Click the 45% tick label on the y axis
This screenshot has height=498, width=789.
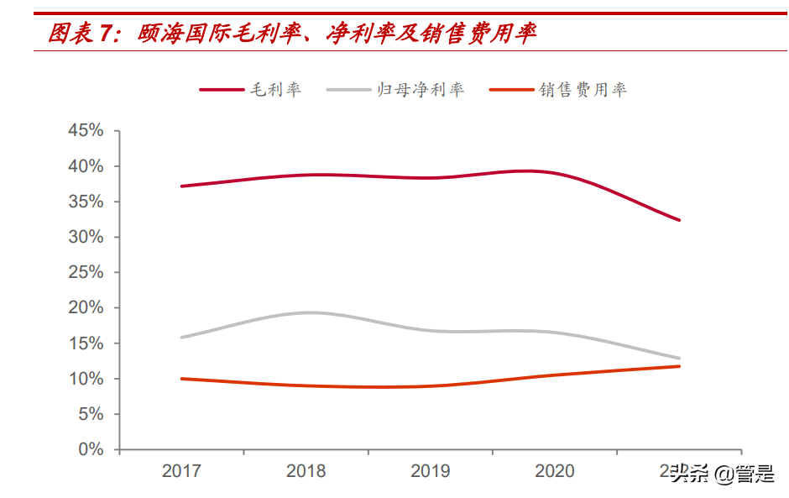(85, 131)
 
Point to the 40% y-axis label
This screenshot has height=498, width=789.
(85, 166)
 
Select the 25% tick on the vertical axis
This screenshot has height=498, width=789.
(85, 272)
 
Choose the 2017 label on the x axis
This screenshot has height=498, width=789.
(181, 471)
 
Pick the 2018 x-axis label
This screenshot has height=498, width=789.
(306, 471)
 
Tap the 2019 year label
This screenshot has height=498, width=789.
(430, 471)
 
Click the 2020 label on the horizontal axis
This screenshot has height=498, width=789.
(554, 471)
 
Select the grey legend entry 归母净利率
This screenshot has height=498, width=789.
(419, 90)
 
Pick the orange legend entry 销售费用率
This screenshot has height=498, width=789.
(583, 90)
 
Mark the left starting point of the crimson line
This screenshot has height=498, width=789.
(181, 186)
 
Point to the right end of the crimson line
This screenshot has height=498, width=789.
(678, 220)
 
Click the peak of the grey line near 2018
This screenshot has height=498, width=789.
(309, 312)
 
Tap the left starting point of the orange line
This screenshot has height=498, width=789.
(181, 379)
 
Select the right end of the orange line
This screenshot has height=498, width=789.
(678, 366)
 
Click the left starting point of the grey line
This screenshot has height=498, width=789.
(181, 338)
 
